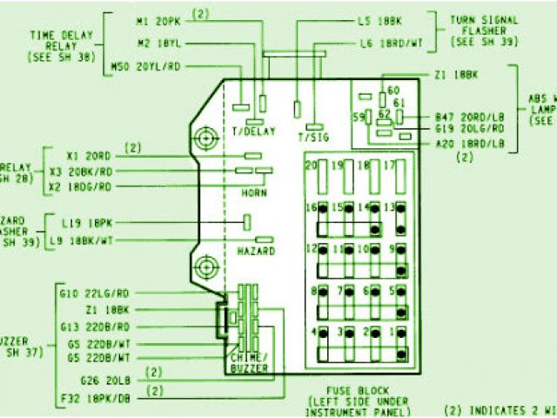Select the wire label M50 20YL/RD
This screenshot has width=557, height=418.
[148, 65]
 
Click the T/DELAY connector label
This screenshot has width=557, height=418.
[253, 131]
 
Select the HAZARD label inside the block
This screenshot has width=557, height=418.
[257, 251]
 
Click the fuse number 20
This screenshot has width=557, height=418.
[311, 165]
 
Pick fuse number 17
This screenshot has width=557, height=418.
[390, 165]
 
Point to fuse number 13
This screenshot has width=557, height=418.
[391, 207]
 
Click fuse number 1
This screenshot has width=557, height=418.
[393, 332]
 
